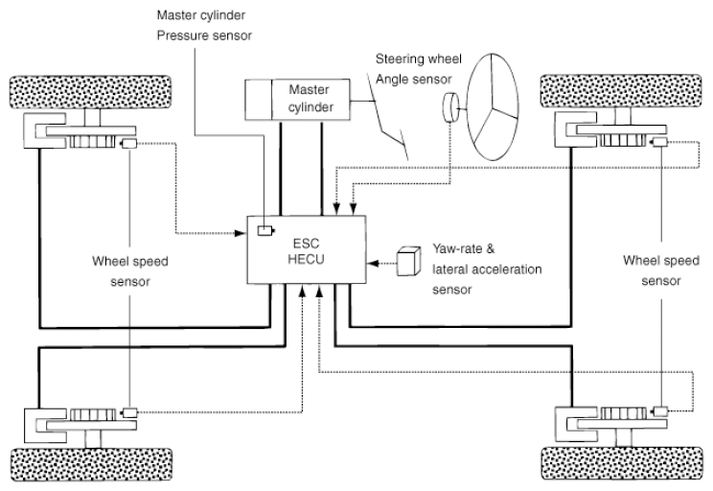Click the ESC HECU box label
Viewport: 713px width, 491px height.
point(306,251)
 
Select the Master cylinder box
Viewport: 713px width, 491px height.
point(297,100)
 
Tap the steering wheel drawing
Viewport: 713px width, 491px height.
point(493,107)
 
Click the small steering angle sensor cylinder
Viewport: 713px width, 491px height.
point(450,107)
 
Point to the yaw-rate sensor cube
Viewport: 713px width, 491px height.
point(408,261)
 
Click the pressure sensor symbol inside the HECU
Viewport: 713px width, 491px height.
point(265,231)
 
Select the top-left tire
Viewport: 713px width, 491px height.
point(90,92)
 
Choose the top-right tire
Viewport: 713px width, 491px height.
point(621,91)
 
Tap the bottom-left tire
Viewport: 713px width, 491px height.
point(91,464)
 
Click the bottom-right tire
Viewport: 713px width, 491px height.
point(622,463)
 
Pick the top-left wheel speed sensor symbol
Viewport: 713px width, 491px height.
point(128,144)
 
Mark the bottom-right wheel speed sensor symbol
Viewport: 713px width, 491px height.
point(659,411)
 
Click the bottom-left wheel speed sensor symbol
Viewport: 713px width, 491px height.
point(129,412)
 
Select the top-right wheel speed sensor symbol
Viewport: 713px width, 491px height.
point(659,143)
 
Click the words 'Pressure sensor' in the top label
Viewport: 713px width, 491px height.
point(204,35)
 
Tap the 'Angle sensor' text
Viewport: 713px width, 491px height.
point(414,80)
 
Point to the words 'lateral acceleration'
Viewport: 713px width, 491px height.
point(487,269)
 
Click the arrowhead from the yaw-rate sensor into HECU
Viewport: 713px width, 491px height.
point(373,263)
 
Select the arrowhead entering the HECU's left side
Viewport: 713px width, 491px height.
point(241,233)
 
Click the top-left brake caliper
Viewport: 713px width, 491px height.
point(45,130)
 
